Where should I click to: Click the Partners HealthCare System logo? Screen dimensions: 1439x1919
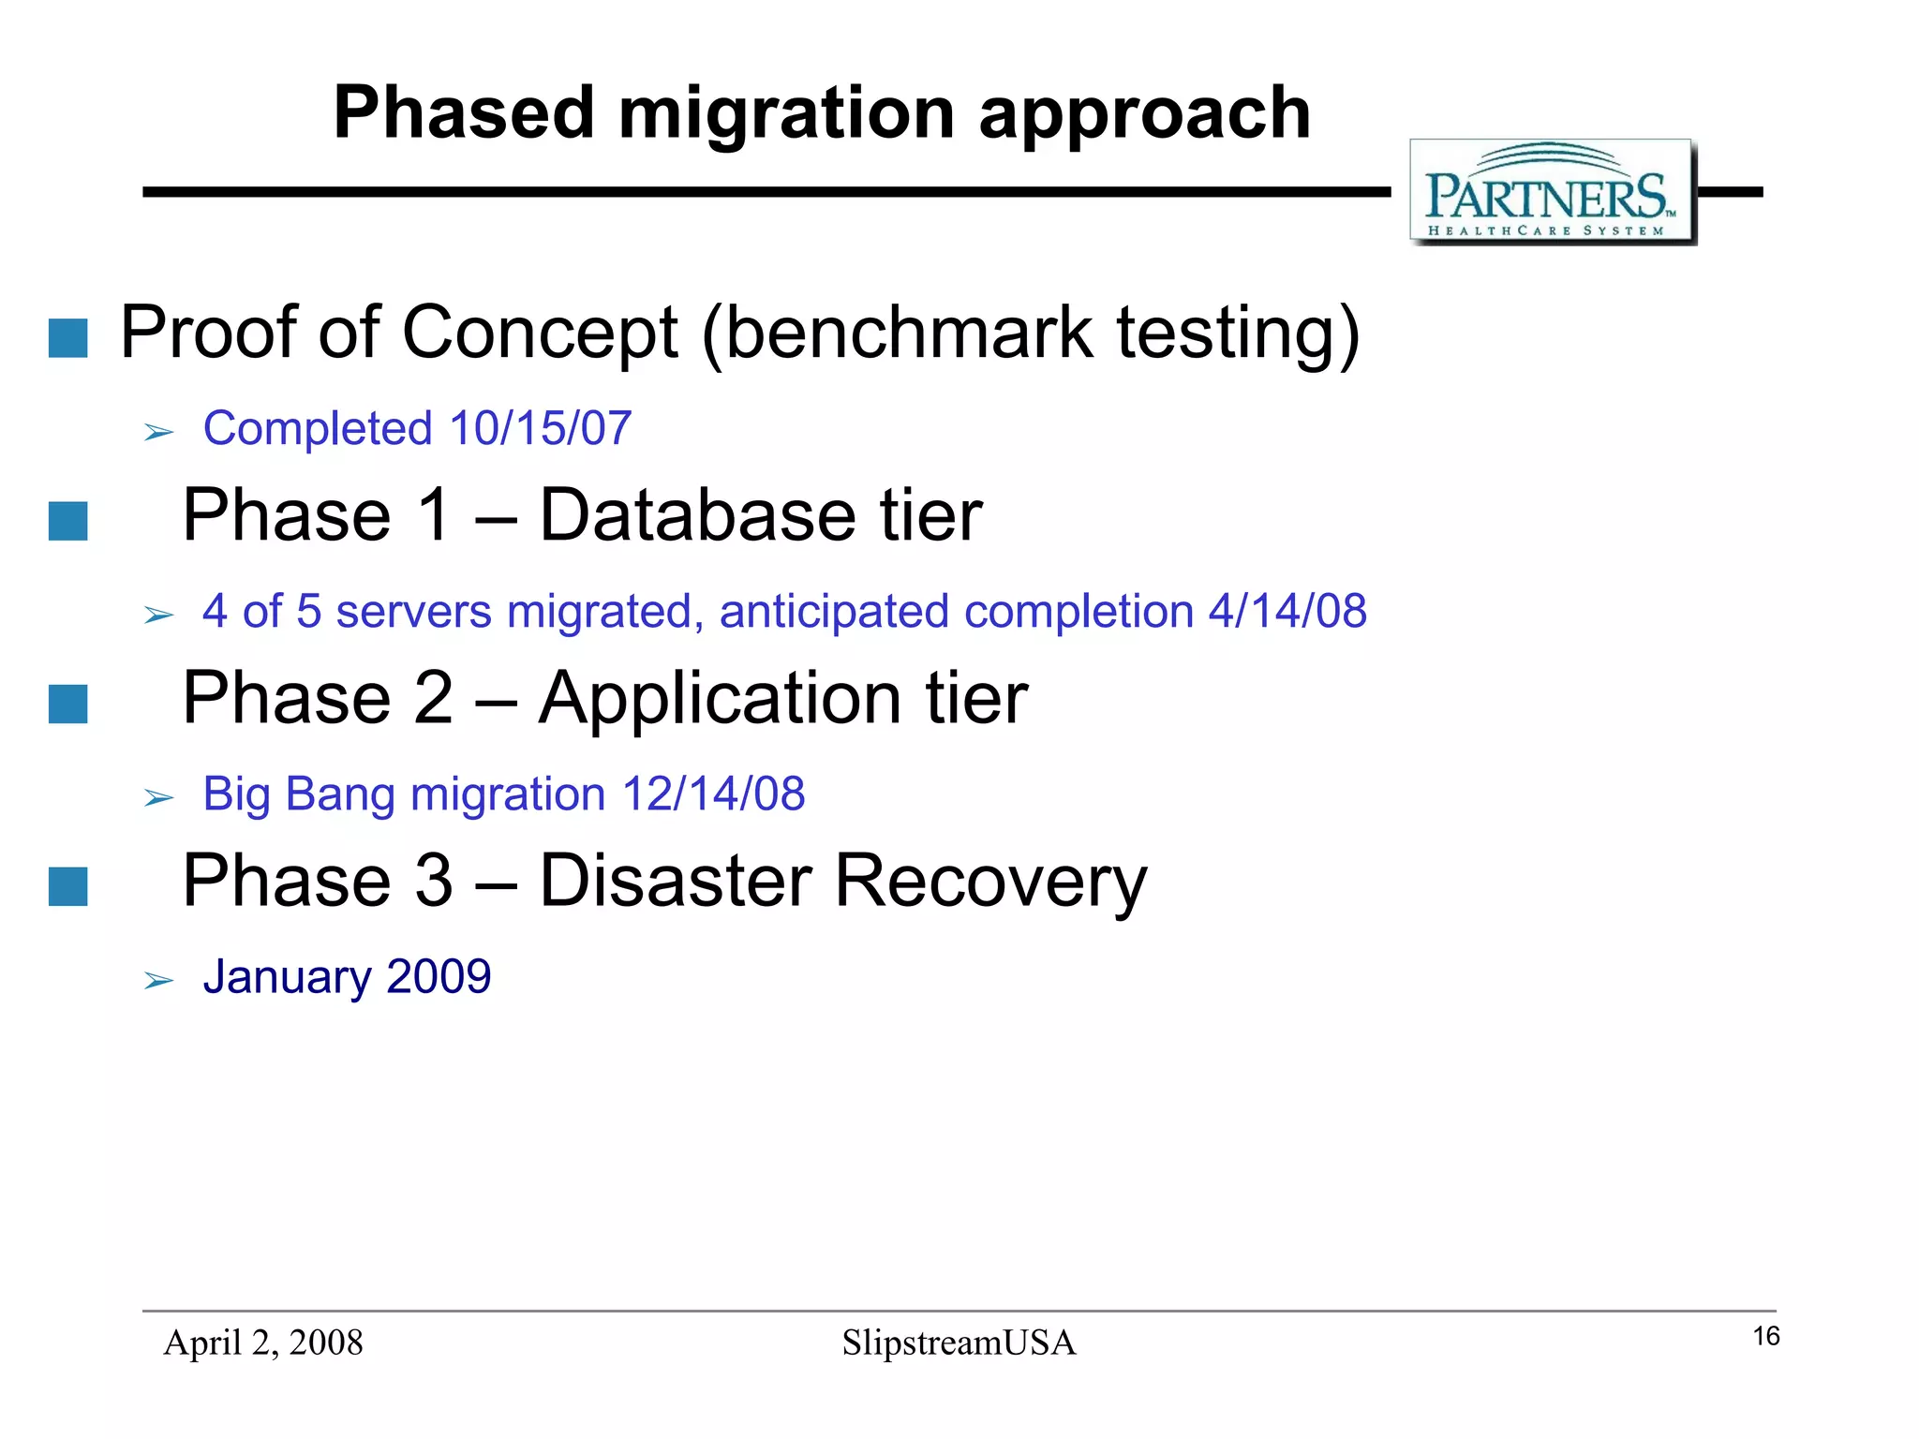(1553, 193)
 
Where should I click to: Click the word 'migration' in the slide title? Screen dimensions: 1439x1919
(786, 113)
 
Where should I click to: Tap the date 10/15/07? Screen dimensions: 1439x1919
(541, 429)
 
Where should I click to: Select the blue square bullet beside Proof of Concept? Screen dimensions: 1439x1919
(68, 338)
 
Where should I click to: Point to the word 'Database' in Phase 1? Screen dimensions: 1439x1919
(697, 515)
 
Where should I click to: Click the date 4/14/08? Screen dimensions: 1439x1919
(1287, 612)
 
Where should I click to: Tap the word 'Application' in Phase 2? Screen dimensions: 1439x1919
(719, 698)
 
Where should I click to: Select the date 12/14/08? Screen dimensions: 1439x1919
(713, 794)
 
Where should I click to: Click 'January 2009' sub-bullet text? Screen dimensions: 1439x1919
(347, 977)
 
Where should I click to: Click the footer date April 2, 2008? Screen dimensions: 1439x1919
(263, 1343)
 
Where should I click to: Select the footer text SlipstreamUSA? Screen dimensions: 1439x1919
(959, 1343)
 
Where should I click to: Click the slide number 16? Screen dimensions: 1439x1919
(1765, 1337)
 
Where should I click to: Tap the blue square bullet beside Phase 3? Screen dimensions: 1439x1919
(68, 886)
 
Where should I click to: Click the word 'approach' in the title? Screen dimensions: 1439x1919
(1144, 113)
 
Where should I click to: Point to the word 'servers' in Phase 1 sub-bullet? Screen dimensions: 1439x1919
(413, 612)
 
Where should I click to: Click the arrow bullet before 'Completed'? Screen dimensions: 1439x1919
(159, 433)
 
